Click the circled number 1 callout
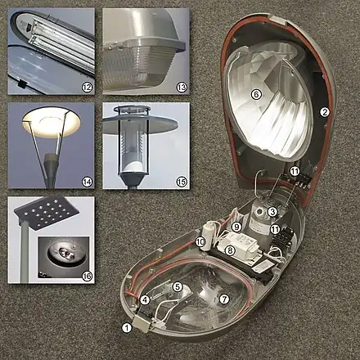(x=127, y=328)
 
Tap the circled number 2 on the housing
(x=325, y=112)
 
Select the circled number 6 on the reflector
(x=256, y=94)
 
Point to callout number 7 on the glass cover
(x=224, y=299)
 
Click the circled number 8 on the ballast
(x=230, y=250)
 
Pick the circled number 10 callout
(x=200, y=241)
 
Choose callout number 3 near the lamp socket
(x=272, y=212)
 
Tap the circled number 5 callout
(x=178, y=286)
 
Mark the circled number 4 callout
(x=145, y=300)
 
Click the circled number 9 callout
(x=236, y=227)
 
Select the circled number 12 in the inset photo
(x=87, y=88)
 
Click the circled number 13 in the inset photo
(x=182, y=88)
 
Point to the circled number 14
(x=87, y=182)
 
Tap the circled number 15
(x=182, y=182)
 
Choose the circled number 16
(x=87, y=276)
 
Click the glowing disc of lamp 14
(x=52, y=122)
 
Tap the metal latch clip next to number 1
(x=142, y=324)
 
